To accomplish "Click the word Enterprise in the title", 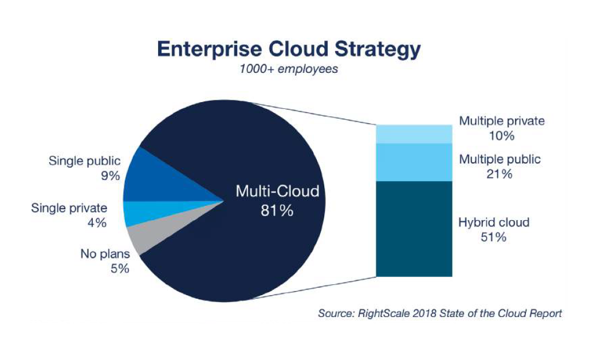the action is [210, 49].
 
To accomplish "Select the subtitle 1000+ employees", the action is [289, 69].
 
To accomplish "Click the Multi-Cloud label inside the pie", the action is [277, 191].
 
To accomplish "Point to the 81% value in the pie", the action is [277, 210].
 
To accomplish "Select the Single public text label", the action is [84, 161].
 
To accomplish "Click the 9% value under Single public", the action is [110, 176].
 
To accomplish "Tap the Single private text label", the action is [69, 208].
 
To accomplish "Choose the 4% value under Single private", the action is [97, 223].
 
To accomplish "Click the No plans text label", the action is [105, 254].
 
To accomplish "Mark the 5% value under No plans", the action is [120, 269].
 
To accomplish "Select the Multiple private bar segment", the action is [414, 134].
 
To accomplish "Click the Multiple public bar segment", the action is [414, 162].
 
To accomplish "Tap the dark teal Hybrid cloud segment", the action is [414, 229].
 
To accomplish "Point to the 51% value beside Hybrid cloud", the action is [494, 237].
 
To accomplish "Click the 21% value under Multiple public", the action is [499, 174].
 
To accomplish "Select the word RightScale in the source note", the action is [383, 314].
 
